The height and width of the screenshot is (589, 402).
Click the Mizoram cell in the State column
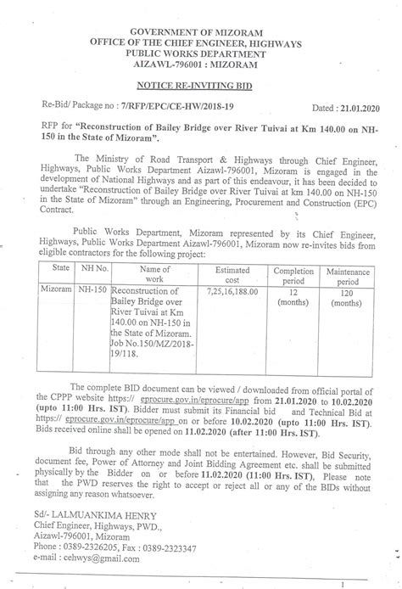58,289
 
